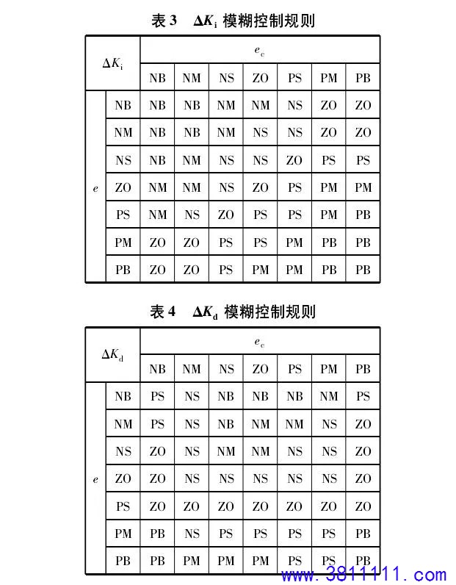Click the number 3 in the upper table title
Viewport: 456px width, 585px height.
click(173, 20)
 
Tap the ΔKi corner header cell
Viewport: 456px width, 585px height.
click(112, 63)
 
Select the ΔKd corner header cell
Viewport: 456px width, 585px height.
click(112, 354)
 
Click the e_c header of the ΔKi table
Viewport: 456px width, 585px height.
click(259, 51)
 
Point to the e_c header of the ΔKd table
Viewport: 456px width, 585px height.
click(259, 342)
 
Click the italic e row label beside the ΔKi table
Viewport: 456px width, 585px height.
click(95, 188)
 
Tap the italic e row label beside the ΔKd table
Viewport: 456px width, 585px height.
click(95, 479)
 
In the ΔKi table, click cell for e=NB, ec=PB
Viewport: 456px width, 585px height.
click(363, 105)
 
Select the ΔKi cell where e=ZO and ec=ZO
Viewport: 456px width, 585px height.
click(260, 187)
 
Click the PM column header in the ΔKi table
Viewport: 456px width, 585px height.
click(328, 78)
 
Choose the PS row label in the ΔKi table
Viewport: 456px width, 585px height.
click(123, 215)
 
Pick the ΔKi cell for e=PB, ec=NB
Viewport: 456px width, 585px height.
click(157, 270)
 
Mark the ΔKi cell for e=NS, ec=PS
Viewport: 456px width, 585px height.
click(294, 160)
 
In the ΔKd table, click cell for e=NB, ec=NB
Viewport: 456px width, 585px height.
click(157, 396)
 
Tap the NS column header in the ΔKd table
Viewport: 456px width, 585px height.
click(226, 369)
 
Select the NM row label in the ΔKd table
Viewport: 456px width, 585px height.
click(123, 424)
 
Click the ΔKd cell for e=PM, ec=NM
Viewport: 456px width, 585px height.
click(192, 534)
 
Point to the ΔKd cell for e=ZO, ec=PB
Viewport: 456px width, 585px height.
click(363, 478)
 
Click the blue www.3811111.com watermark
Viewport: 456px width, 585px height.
click(363, 575)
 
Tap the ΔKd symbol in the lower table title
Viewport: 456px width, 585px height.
click(206, 312)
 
